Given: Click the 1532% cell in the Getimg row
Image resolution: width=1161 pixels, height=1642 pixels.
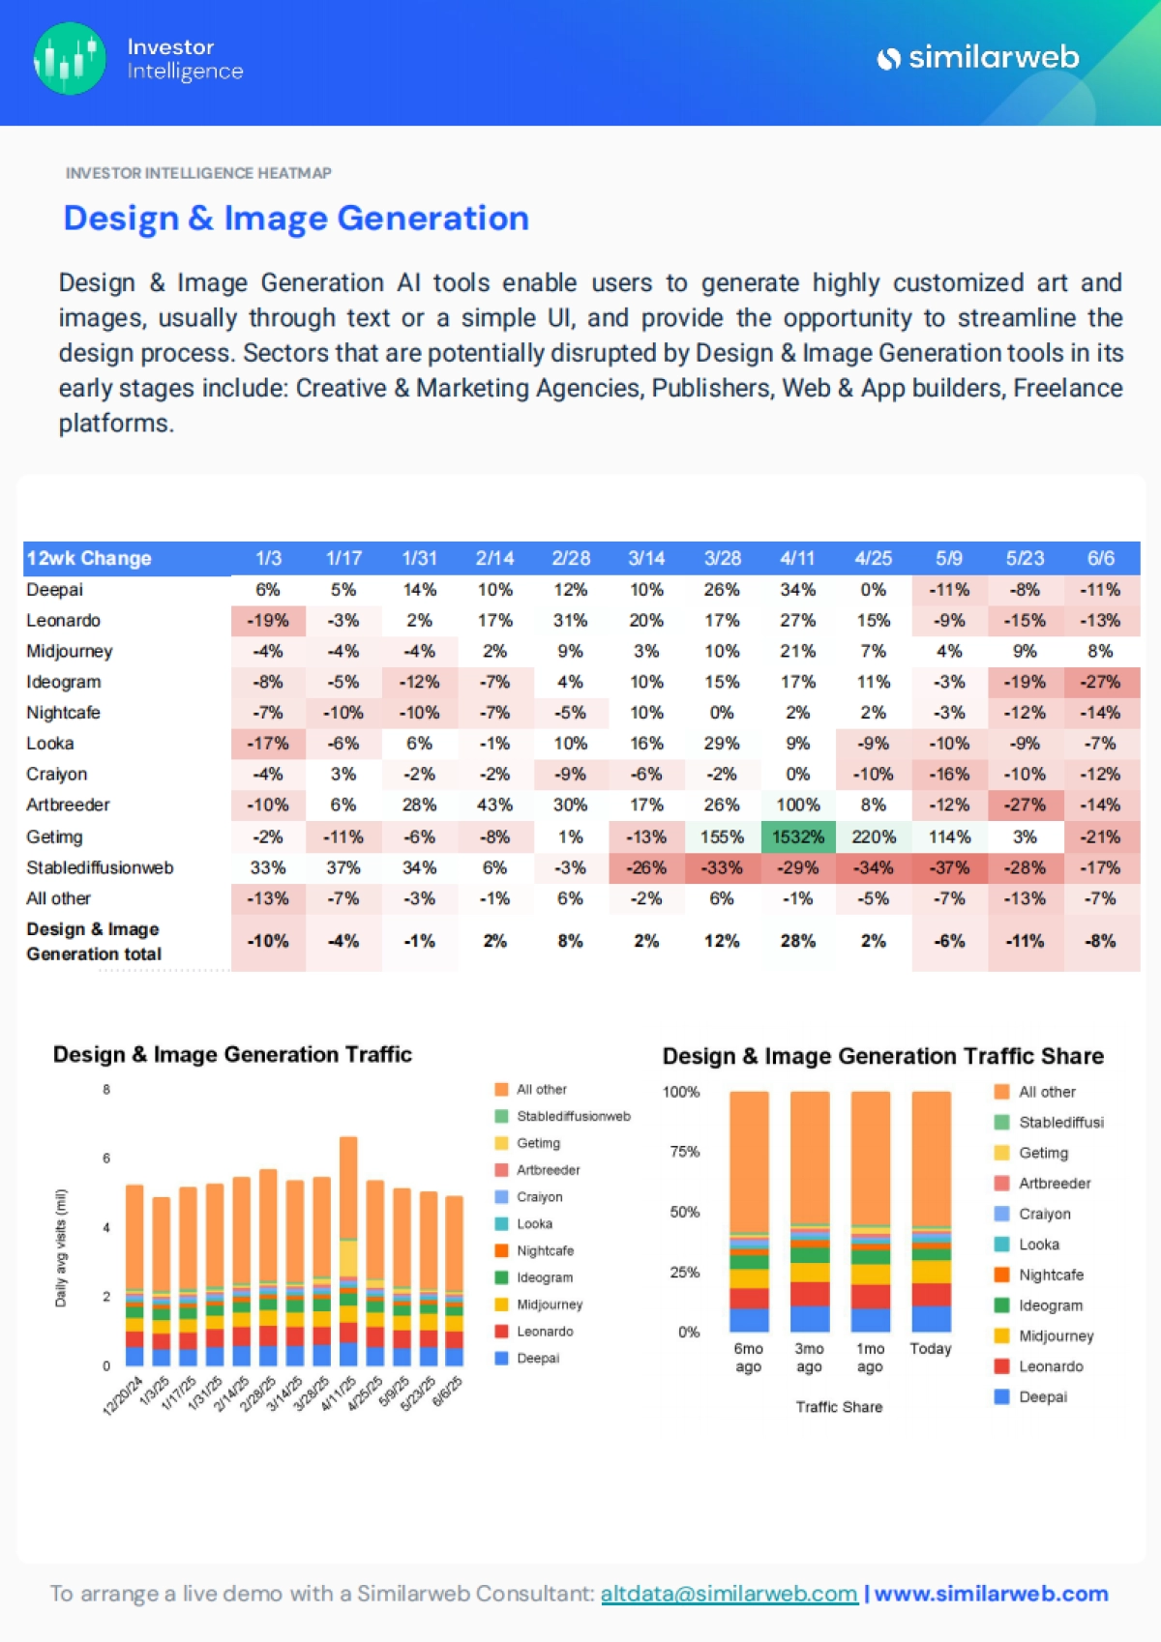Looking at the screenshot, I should tap(797, 836).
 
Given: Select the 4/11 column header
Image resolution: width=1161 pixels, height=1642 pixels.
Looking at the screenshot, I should tap(797, 558).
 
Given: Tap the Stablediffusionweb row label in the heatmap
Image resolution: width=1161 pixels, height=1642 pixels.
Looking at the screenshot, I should tap(100, 867).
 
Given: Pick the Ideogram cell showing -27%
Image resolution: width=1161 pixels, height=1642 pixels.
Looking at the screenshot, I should tap(1100, 682).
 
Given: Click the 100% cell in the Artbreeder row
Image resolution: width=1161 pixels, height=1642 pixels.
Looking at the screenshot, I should tap(797, 805).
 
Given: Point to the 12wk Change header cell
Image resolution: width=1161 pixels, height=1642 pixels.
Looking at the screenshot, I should tap(89, 558).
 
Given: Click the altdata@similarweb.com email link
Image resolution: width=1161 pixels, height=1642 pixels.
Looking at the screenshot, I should tap(729, 1594).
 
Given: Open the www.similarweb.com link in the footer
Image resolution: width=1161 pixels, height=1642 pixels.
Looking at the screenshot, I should tap(991, 1594).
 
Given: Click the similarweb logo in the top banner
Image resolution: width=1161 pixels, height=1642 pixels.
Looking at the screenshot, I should tap(978, 58).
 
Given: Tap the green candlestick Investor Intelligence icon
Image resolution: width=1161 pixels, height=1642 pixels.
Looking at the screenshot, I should tap(70, 59).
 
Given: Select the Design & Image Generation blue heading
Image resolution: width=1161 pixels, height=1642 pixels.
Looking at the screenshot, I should tap(296, 219).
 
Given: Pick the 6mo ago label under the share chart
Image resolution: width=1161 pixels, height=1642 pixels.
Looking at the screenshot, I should tap(748, 1357).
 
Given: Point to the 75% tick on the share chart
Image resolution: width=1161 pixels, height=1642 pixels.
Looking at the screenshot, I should tap(684, 1152).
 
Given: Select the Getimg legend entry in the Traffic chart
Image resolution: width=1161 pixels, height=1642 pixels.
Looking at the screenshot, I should tap(538, 1143).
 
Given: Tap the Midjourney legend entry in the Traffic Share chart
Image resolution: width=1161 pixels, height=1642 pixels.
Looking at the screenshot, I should tap(1056, 1335).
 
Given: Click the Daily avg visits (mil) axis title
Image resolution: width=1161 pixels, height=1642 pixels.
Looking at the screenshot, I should tap(61, 1247).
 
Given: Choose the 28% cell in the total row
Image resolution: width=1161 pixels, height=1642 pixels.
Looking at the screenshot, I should tap(797, 941).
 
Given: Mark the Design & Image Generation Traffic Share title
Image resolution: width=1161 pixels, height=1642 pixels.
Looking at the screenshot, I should tap(882, 1056).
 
